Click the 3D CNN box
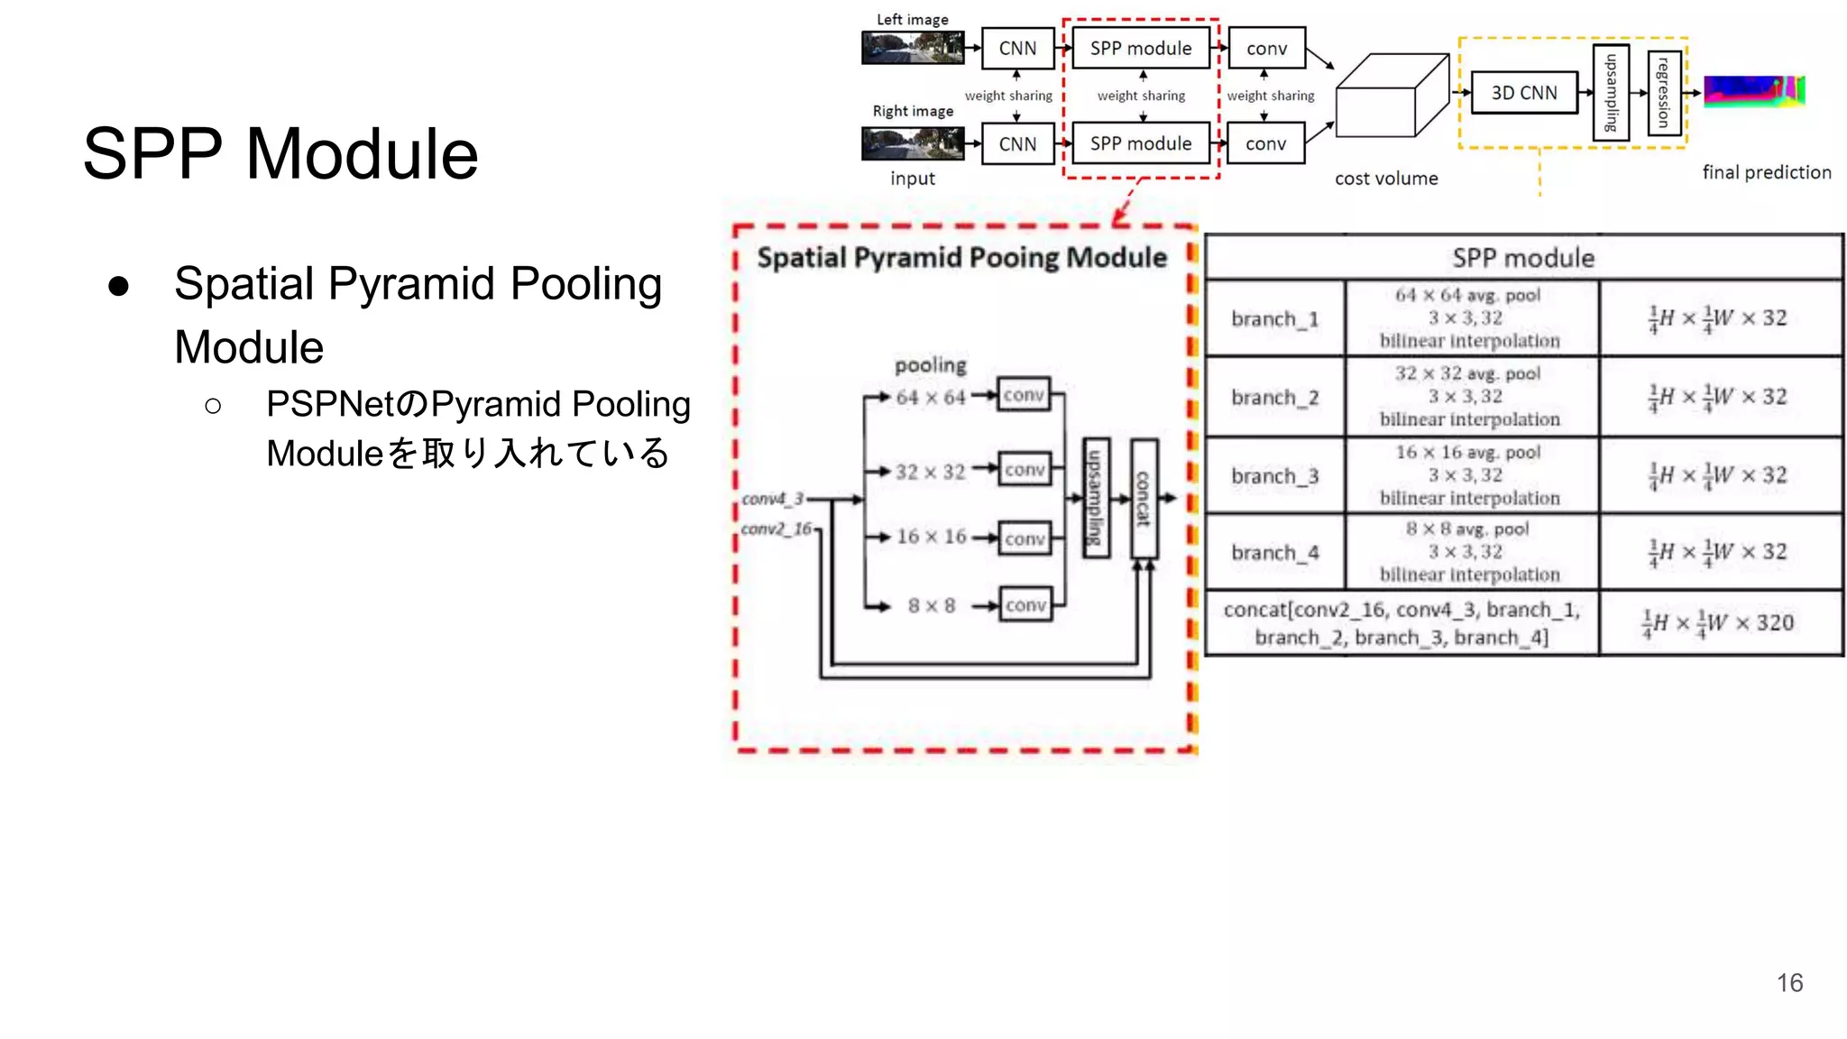coord(1524,93)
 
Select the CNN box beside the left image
coord(1017,49)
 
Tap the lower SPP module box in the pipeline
coord(1140,143)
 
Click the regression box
coord(1665,93)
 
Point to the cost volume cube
coord(1391,97)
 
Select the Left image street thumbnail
coord(913,48)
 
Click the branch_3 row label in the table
coord(1274,476)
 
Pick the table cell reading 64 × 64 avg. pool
coord(1468,296)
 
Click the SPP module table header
coord(1523,258)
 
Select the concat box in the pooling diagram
coord(1144,498)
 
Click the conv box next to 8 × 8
coord(1025,605)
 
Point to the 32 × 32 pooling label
coord(930,472)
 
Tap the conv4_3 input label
coord(772,499)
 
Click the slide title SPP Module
coord(280,154)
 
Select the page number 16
coord(1789,982)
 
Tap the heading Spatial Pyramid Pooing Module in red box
coord(961,258)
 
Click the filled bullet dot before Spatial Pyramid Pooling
coord(118,286)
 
